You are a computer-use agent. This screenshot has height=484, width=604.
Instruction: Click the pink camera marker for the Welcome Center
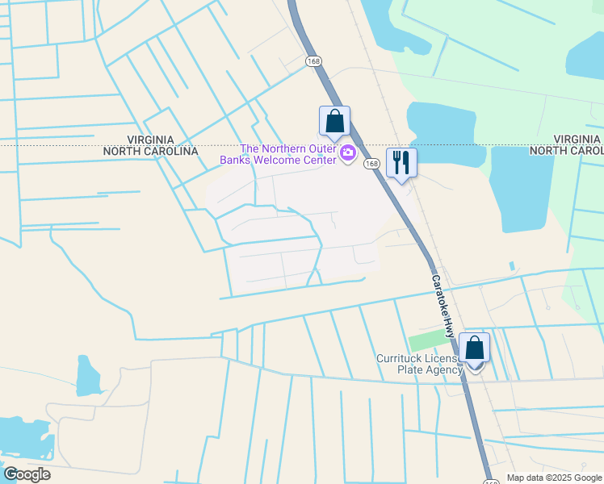point(349,153)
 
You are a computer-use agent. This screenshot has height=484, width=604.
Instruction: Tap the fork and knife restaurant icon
point(401,163)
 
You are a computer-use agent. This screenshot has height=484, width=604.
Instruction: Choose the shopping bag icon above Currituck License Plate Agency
point(475,348)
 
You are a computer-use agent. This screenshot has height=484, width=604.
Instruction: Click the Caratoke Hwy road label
point(443,306)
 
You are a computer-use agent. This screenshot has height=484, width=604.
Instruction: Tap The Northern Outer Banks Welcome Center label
point(289,154)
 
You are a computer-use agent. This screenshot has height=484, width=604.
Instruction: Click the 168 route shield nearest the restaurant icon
point(371,164)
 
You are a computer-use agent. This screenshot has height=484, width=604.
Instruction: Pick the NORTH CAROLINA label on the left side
point(151,152)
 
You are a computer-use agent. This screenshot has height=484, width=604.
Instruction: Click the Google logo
point(27,474)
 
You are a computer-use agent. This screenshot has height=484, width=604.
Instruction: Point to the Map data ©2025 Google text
point(554,478)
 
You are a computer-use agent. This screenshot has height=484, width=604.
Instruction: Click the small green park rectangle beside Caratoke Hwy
point(426,342)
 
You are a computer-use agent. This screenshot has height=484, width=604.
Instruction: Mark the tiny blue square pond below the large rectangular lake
point(512,265)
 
